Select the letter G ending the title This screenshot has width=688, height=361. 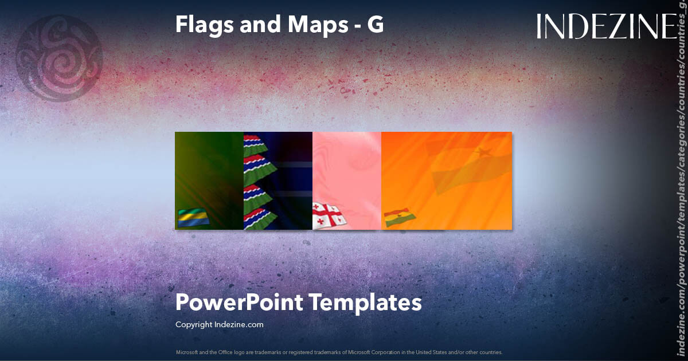click(x=376, y=24)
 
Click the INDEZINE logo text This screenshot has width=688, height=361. click(x=607, y=27)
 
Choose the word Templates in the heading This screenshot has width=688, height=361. click(x=366, y=303)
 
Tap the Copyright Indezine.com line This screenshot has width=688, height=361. click(x=219, y=324)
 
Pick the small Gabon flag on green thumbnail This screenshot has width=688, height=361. click(x=193, y=218)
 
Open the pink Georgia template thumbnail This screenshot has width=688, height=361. click(x=347, y=172)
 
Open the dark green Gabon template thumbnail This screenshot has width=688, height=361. click(x=209, y=172)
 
